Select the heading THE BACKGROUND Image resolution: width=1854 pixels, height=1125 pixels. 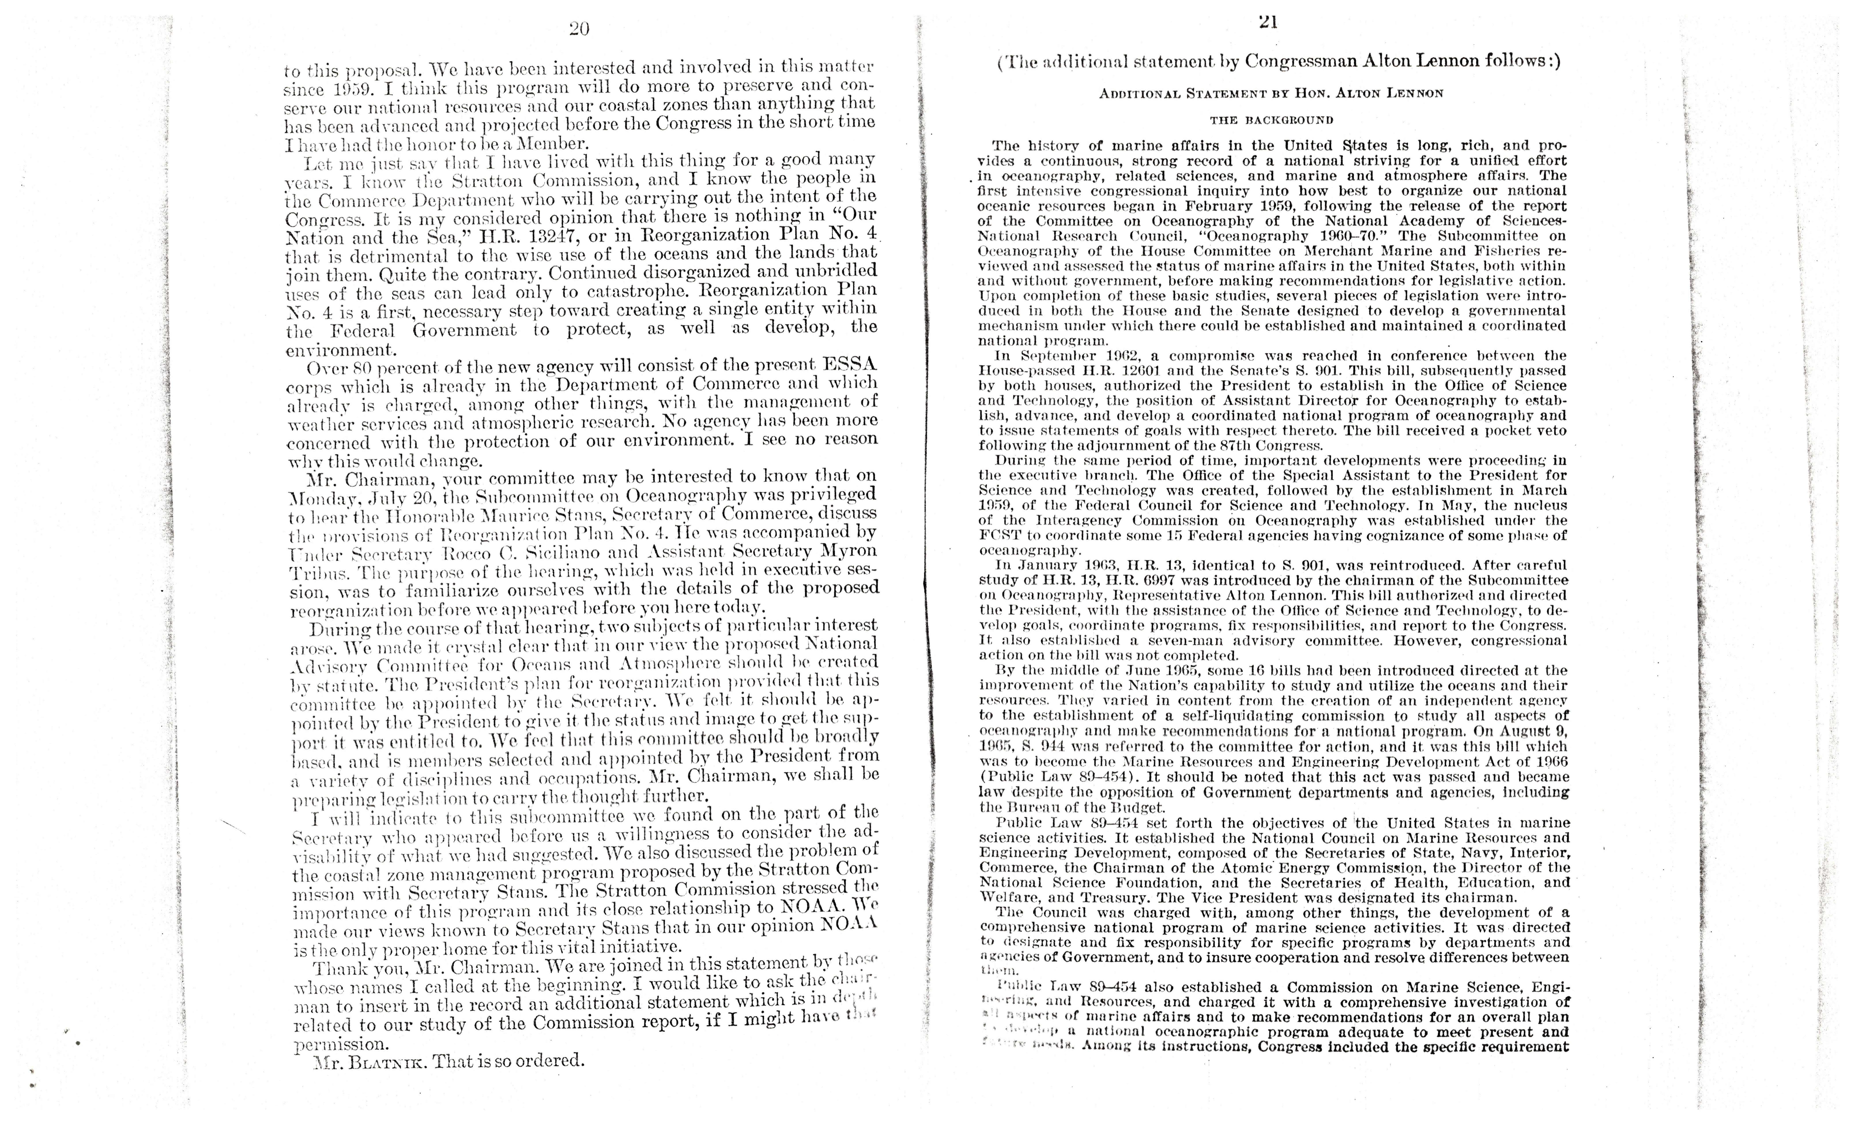pos(1272,120)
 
